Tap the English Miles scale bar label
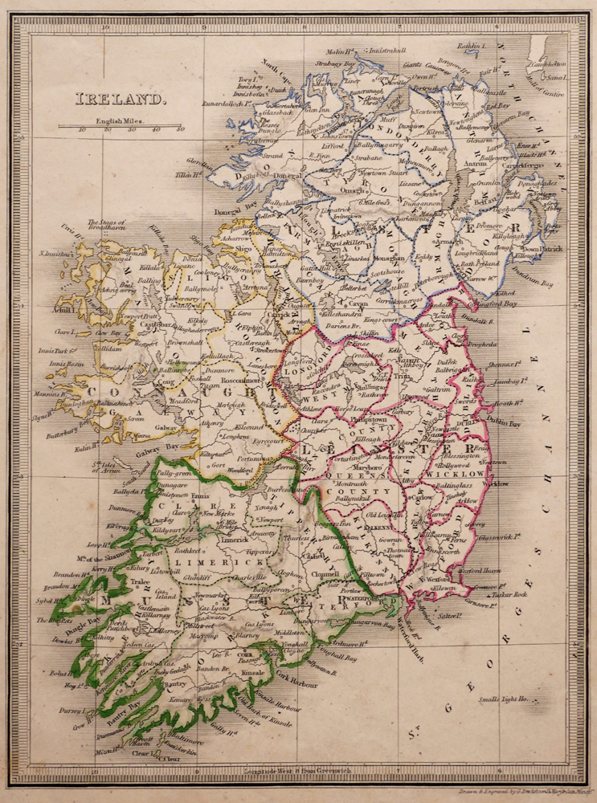118,121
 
